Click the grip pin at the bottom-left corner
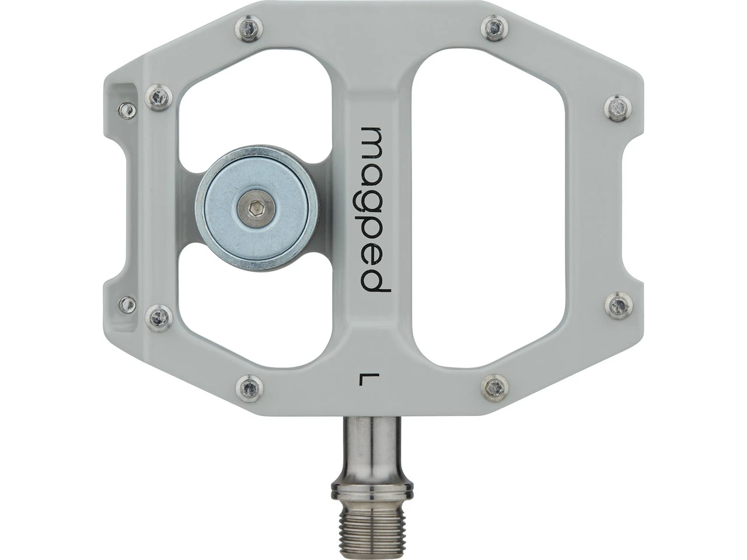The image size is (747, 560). click(x=249, y=386)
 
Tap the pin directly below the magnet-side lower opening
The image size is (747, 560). click(x=159, y=317)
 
